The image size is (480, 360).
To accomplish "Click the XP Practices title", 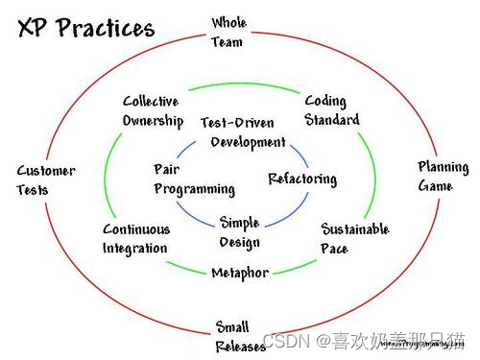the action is pyautogui.click(x=85, y=28).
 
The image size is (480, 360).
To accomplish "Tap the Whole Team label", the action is pyautogui.click(x=228, y=32).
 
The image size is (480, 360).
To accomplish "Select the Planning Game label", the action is pyautogui.click(x=443, y=176).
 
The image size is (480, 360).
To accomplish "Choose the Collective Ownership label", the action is pyautogui.click(x=153, y=110).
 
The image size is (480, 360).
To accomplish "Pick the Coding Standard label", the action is pyautogui.click(x=332, y=109).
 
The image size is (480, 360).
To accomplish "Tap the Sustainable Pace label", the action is pyautogui.click(x=354, y=238).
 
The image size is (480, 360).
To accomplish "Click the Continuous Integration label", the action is pyautogui.click(x=136, y=238).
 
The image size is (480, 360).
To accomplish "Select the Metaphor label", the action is pyautogui.click(x=240, y=273).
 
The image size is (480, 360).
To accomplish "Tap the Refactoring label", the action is pyautogui.click(x=302, y=179).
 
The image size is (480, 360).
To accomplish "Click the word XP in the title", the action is pyautogui.click(x=32, y=28).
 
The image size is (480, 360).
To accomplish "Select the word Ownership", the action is pyautogui.click(x=153, y=120).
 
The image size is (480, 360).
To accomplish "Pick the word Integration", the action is pyautogui.click(x=135, y=248).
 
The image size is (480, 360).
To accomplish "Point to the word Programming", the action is pyautogui.click(x=194, y=189).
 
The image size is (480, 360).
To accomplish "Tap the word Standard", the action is pyautogui.click(x=332, y=120).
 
